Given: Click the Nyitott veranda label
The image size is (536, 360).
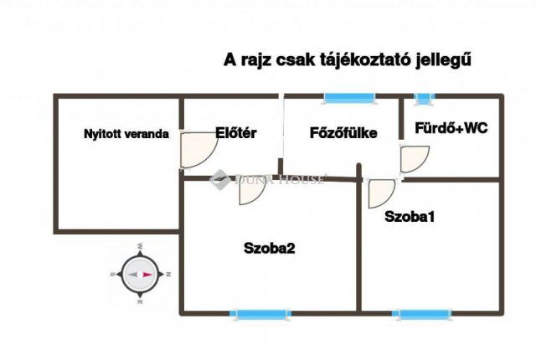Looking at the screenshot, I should [x=126, y=134].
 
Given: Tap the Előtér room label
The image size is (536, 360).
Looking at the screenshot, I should [x=236, y=131].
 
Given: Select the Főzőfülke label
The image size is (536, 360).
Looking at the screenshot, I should [x=343, y=132].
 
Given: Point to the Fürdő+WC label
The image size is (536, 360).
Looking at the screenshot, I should [x=451, y=128].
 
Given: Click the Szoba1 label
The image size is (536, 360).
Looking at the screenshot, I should [x=410, y=216].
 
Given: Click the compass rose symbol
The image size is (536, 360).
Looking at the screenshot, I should [x=141, y=274].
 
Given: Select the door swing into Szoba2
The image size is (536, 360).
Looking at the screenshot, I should [x=250, y=192].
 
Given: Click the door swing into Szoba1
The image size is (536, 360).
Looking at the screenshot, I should [x=381, y=193].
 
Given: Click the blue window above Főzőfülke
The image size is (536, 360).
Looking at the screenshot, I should [x=351, y=99].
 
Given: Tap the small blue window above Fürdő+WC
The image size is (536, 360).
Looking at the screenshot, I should [x=425, y=99].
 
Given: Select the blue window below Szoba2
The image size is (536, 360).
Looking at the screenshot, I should [x=262, y=314].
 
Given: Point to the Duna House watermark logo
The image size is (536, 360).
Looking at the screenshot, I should [x=220, y=178].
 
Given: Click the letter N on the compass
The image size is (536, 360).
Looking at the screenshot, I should [x=168, y=274].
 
